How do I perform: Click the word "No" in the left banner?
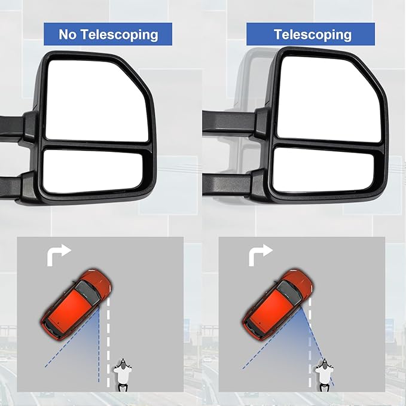[68, 34]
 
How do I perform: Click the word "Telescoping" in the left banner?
[118, 35]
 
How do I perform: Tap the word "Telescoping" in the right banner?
[313, 35]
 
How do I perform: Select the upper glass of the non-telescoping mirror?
[96, 102]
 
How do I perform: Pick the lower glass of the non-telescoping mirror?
[93, 171]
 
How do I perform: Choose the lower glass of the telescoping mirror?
[323, 170]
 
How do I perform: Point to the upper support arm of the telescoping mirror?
[229, 122]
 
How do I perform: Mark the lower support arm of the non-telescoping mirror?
[11, 187]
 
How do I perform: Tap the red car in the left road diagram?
[77, 304]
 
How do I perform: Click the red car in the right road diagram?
[279, 304]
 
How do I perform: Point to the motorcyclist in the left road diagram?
[123, 375]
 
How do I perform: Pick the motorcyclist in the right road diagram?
[324, 375]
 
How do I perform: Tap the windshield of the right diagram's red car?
[289, 292]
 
